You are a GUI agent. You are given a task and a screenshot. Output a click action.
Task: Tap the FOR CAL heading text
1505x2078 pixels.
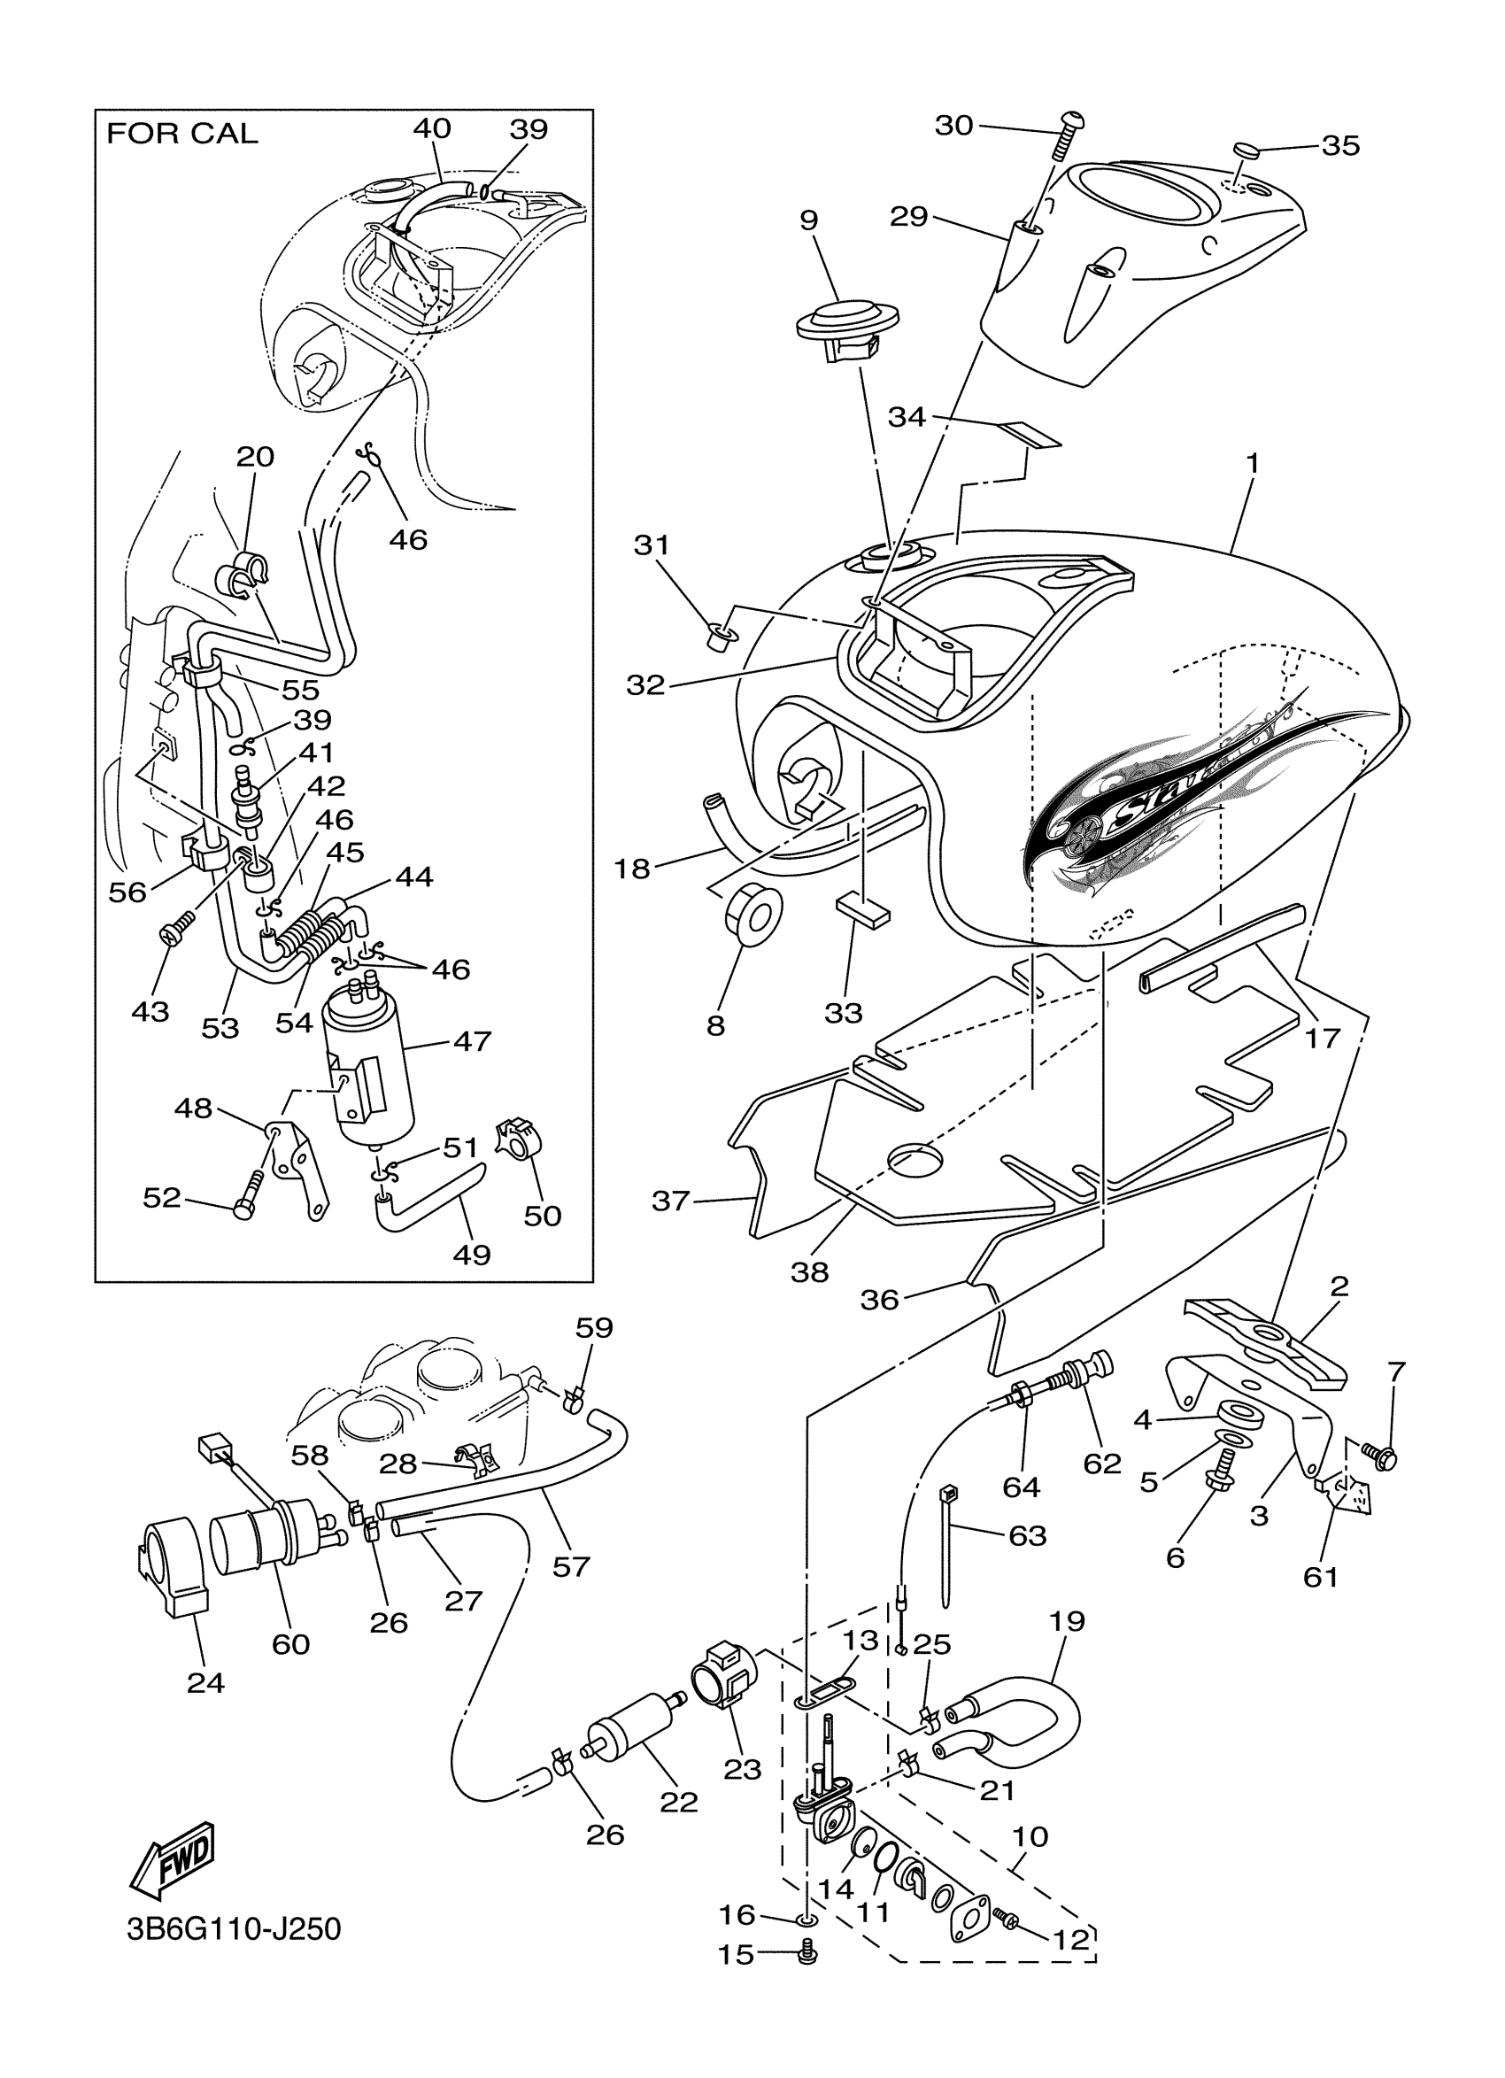(182, 134)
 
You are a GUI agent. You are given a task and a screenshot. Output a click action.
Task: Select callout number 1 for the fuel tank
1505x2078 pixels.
(1251, 465)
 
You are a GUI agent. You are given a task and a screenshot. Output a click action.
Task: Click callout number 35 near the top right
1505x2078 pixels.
(1340, 146)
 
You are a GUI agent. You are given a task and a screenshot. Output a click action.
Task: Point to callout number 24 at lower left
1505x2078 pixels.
(205, 1682)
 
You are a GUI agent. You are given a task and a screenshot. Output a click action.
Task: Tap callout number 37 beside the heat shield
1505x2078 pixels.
(669, 1200)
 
